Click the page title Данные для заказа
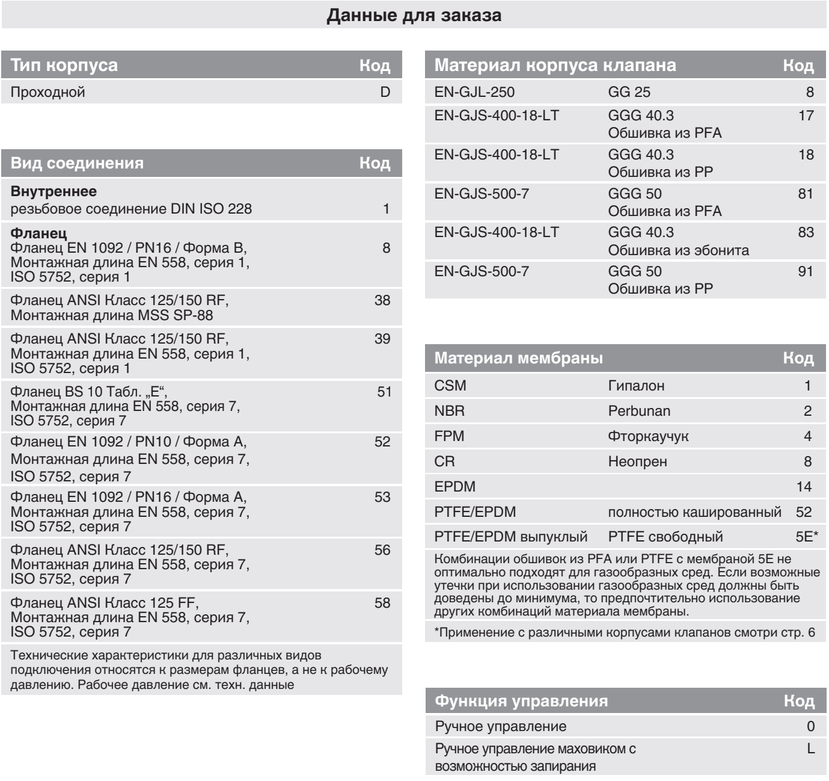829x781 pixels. tap(414, 15)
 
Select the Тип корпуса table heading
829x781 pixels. tap(64, 65)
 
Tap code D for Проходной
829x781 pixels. tap(385, 92)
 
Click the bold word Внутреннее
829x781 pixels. tap(54, 192)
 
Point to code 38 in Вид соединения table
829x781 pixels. tap(382, 300)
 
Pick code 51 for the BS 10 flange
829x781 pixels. tap(384, 392)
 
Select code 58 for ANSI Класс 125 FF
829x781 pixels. tap(382, 603)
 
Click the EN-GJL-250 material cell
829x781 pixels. tap(474, 92)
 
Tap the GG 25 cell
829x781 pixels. tap(629, 92)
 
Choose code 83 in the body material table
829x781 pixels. tap(806, 232)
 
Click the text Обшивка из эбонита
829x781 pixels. tap(678, 250)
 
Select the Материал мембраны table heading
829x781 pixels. tap(518, 358)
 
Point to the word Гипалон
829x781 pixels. tap(636, 386)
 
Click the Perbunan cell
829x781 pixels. tap(639, 411)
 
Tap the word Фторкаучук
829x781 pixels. tap(648, 436)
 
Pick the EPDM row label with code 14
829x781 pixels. tap(454, 487)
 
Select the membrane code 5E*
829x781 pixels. tap(807, 537)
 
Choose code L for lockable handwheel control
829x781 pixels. tap(811, 749)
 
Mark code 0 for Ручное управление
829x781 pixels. tap(810, 726)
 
